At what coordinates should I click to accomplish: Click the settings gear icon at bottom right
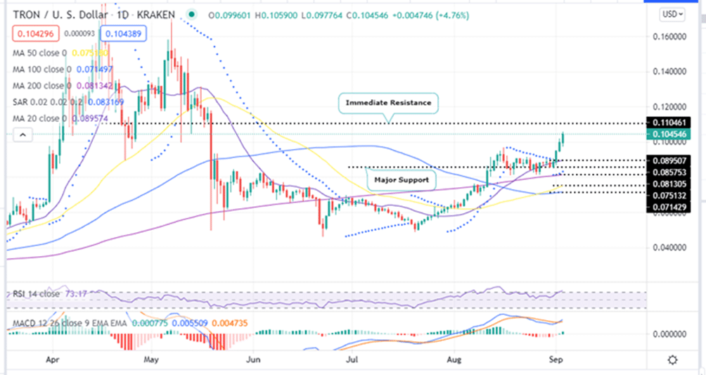pyautogui.click(x=673, y=360)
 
